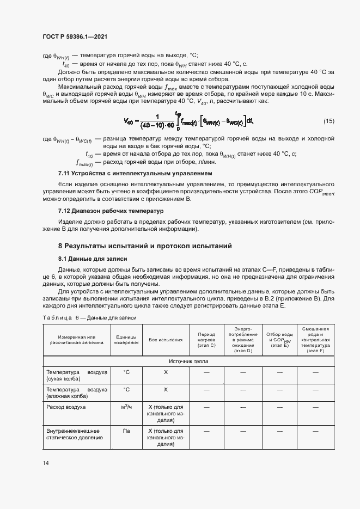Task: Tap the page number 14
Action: point(45,463)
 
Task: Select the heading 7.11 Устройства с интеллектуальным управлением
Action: point(135,174)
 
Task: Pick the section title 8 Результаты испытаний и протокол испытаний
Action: point(145,246)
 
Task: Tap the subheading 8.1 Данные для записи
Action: point(93,259)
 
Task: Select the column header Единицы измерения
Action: point(126,340)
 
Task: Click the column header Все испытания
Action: point(166,340)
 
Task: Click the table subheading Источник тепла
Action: point(188,361)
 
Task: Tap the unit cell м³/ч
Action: point(126,407)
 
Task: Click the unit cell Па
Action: point(126,430)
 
